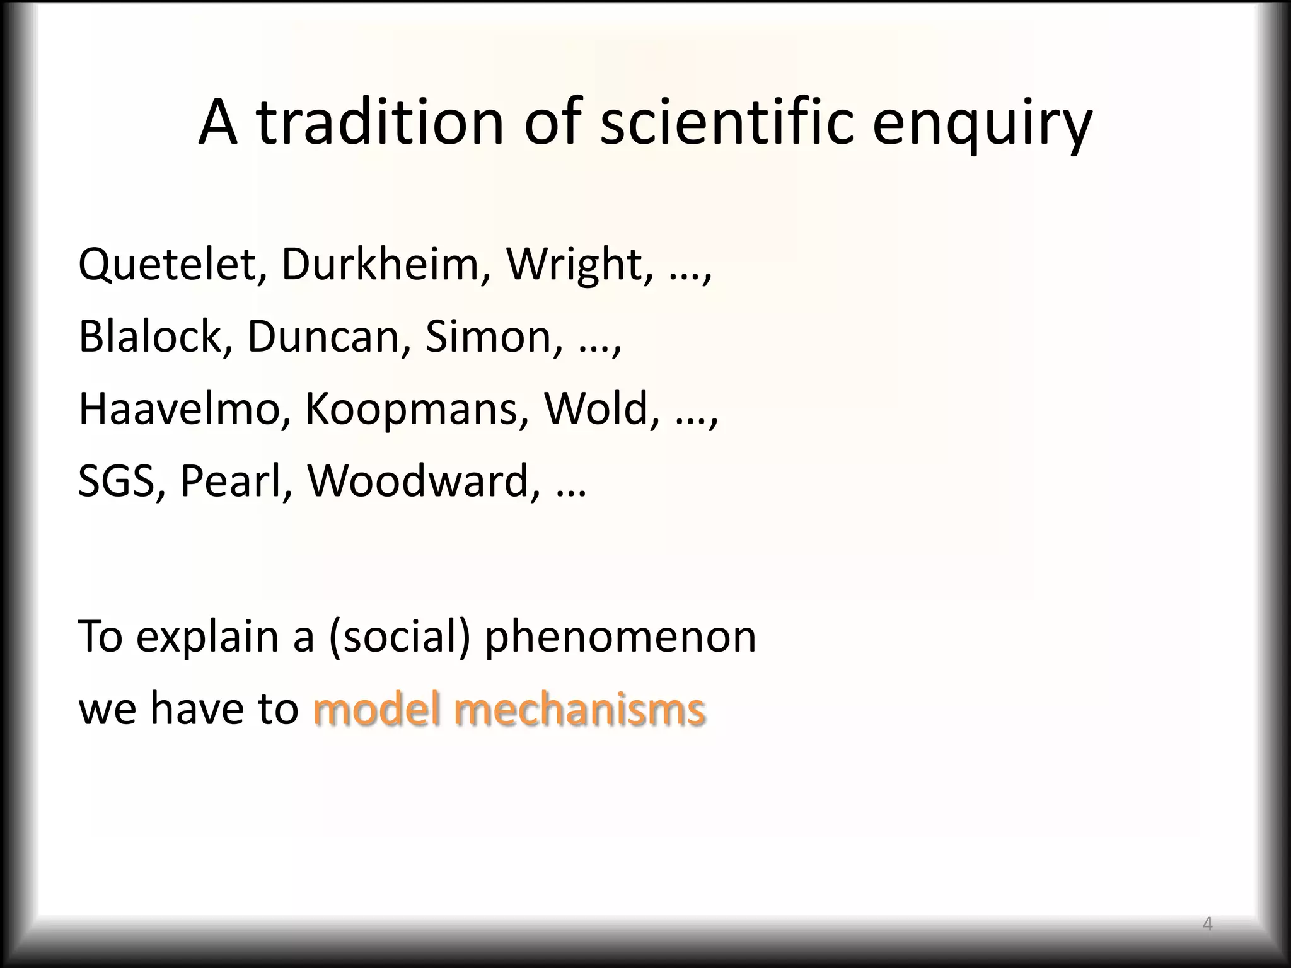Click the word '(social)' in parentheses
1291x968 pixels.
pos(399,637)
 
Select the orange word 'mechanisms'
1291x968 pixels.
pos(579,709)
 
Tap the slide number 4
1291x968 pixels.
pos(1207,925)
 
